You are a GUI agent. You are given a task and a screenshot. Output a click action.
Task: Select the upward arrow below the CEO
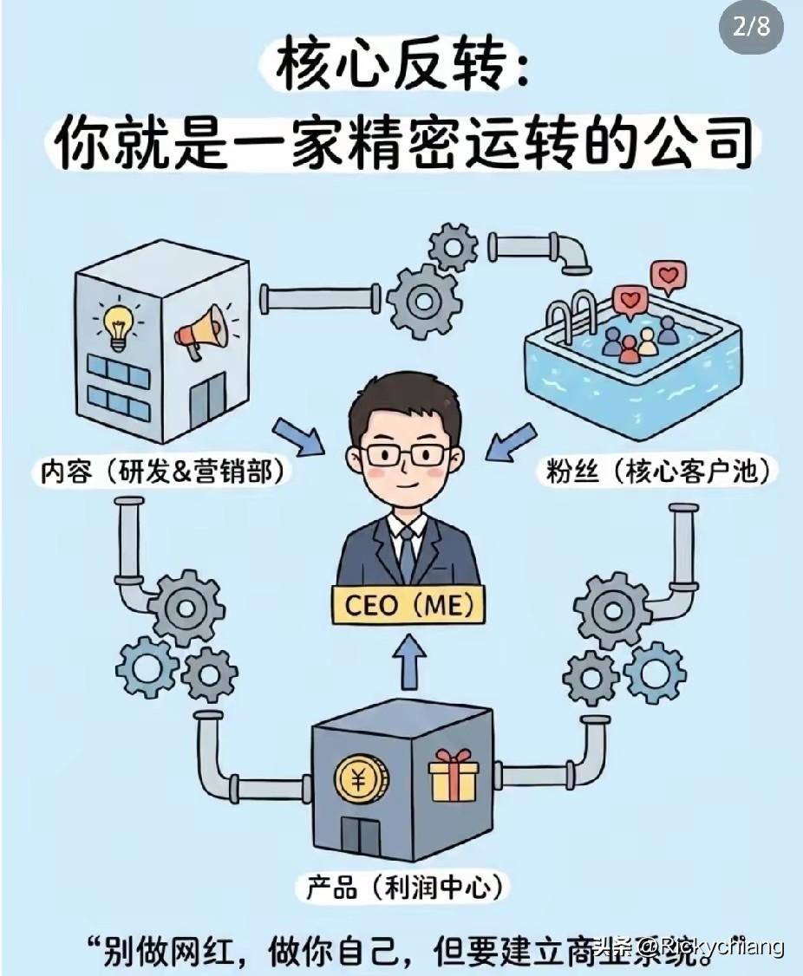(407, 663)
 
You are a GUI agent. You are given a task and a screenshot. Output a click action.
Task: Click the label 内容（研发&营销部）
(164, 472)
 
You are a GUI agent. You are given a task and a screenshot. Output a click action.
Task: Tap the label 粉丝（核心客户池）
(659, 472)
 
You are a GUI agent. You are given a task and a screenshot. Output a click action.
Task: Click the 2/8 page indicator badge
(751, 27)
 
